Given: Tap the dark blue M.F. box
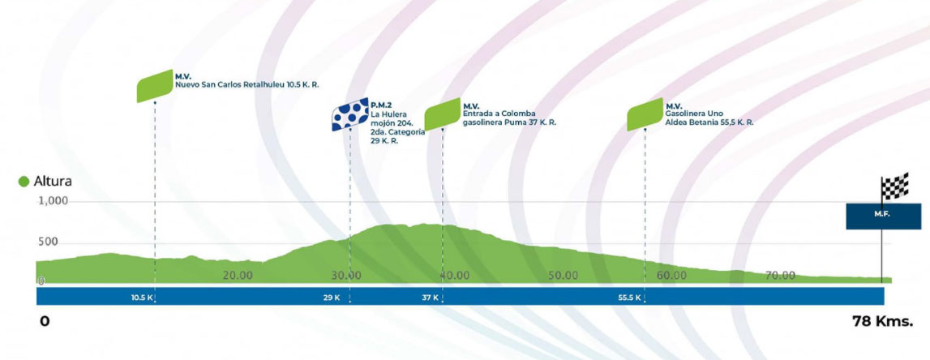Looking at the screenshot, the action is [x=883, y=216].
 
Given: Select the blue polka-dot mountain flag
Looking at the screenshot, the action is [x=350, y=114].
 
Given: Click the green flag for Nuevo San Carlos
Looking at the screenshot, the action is [x=155, y=86].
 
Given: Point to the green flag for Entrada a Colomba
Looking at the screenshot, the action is [x=443, y=114].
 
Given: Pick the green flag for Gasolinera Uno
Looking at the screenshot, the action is [x=645, y=114].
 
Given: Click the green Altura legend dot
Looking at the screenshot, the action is [x=24, y=182].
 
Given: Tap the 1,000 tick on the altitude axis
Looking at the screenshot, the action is [x=54, y=201].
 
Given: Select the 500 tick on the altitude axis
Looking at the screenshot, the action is [x=48, y=242].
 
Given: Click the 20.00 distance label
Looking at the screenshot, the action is [x=238, y=275].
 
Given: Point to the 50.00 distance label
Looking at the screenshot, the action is [x=563, y=275].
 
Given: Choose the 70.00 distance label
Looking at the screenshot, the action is [x=780, y=275].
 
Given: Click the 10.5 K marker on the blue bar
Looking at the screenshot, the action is [x=143, y=298].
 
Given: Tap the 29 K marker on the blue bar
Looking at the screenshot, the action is [x=332, y=298].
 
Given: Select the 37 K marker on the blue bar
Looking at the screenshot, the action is [x=430, y=298].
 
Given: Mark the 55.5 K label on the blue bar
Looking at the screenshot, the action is [x=629, y=298].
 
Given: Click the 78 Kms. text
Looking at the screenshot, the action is [x=882, y=322].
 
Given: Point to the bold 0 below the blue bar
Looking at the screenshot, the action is [x=45, y=322].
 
